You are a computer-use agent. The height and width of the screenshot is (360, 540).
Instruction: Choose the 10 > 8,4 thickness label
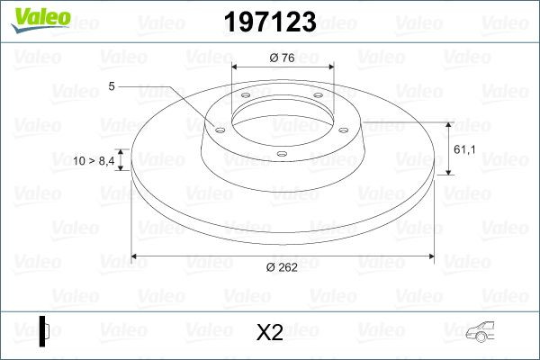coord(93,160)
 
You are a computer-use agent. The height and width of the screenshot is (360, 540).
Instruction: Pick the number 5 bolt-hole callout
coord(111,87)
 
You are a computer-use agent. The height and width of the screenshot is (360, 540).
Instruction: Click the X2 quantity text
coord(270,333)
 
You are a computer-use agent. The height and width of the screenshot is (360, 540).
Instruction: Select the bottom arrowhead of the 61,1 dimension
coord(448,172)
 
